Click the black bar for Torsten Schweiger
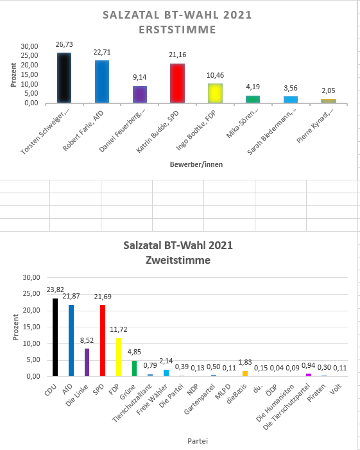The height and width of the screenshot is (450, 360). coord(64,78)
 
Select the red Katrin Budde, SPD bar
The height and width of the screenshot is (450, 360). coord(177,83)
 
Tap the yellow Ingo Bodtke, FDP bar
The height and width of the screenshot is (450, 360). coord(215,93)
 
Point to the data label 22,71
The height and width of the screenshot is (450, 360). coord(102,52)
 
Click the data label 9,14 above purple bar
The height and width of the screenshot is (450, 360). coord(140,77)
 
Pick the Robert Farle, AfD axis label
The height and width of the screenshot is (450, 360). coord(83,131)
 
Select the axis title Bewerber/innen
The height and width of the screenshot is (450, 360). coord(196,164)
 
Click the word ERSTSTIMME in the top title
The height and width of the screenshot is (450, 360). coord(177,30)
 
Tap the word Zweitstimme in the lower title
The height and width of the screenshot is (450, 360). coord(178,260)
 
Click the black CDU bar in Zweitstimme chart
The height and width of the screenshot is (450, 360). coord(55,337)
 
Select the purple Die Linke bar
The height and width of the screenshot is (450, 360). coord(87,363)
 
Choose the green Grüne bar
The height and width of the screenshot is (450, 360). coord(134,368)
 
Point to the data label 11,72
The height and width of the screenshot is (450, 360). coord(119,329)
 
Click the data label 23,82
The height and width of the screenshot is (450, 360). coord(55,290)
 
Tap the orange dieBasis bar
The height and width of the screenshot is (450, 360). coord(245,374)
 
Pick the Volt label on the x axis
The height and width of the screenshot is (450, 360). coord(336,388)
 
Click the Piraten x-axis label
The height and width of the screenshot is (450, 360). coord(316,393)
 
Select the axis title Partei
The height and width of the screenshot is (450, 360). coord(198,441)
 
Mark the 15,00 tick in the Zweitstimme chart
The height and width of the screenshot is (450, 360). coord(31,327)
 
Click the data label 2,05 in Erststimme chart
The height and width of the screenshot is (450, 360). coord(328,91)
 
